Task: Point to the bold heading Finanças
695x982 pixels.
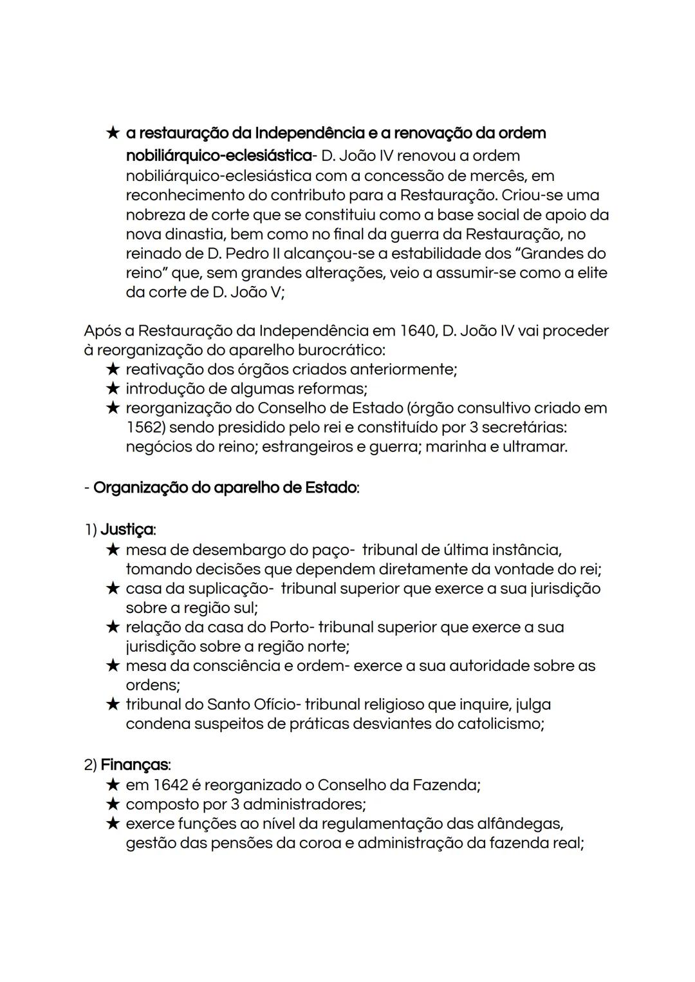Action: coord(134,765)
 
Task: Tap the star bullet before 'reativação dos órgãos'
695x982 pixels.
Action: coord(113,370)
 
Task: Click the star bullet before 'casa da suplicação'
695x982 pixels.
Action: coord(113,589)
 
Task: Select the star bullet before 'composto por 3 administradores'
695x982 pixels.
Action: coord(113,804)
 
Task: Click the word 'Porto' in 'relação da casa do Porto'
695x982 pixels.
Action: coord(291,627)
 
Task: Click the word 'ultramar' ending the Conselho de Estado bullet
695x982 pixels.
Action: coord(537,447)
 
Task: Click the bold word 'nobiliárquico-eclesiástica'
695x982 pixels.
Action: coord(218,156)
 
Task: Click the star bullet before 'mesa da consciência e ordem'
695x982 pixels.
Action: coord(113,666)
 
